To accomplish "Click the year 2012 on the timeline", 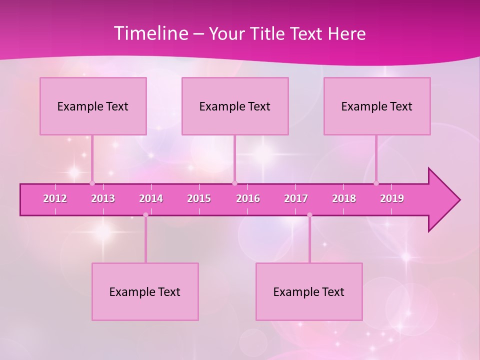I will coord(55,198).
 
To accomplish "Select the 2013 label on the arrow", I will coord(103,198).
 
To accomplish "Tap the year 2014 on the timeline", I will coord(151,198).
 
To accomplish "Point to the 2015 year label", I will coord(199,198).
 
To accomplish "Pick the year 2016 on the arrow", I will coord(248,198).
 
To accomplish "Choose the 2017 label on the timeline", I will coord(296,198).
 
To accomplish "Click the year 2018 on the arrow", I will coord(344,198).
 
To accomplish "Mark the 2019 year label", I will coord(392,198).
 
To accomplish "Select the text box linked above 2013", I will coord(93,106).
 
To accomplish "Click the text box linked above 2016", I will coord(235,106).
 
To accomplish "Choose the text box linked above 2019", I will coord(377,106).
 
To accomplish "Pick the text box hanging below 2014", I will coord(145,291).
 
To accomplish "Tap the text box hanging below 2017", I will coord(309,291).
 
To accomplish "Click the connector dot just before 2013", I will coord(92,183).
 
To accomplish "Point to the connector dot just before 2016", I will coord(234,183).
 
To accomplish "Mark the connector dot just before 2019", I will coord(376,183).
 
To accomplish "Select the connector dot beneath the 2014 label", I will coord(145,215).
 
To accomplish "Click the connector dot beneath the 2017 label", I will coord(309,215).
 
